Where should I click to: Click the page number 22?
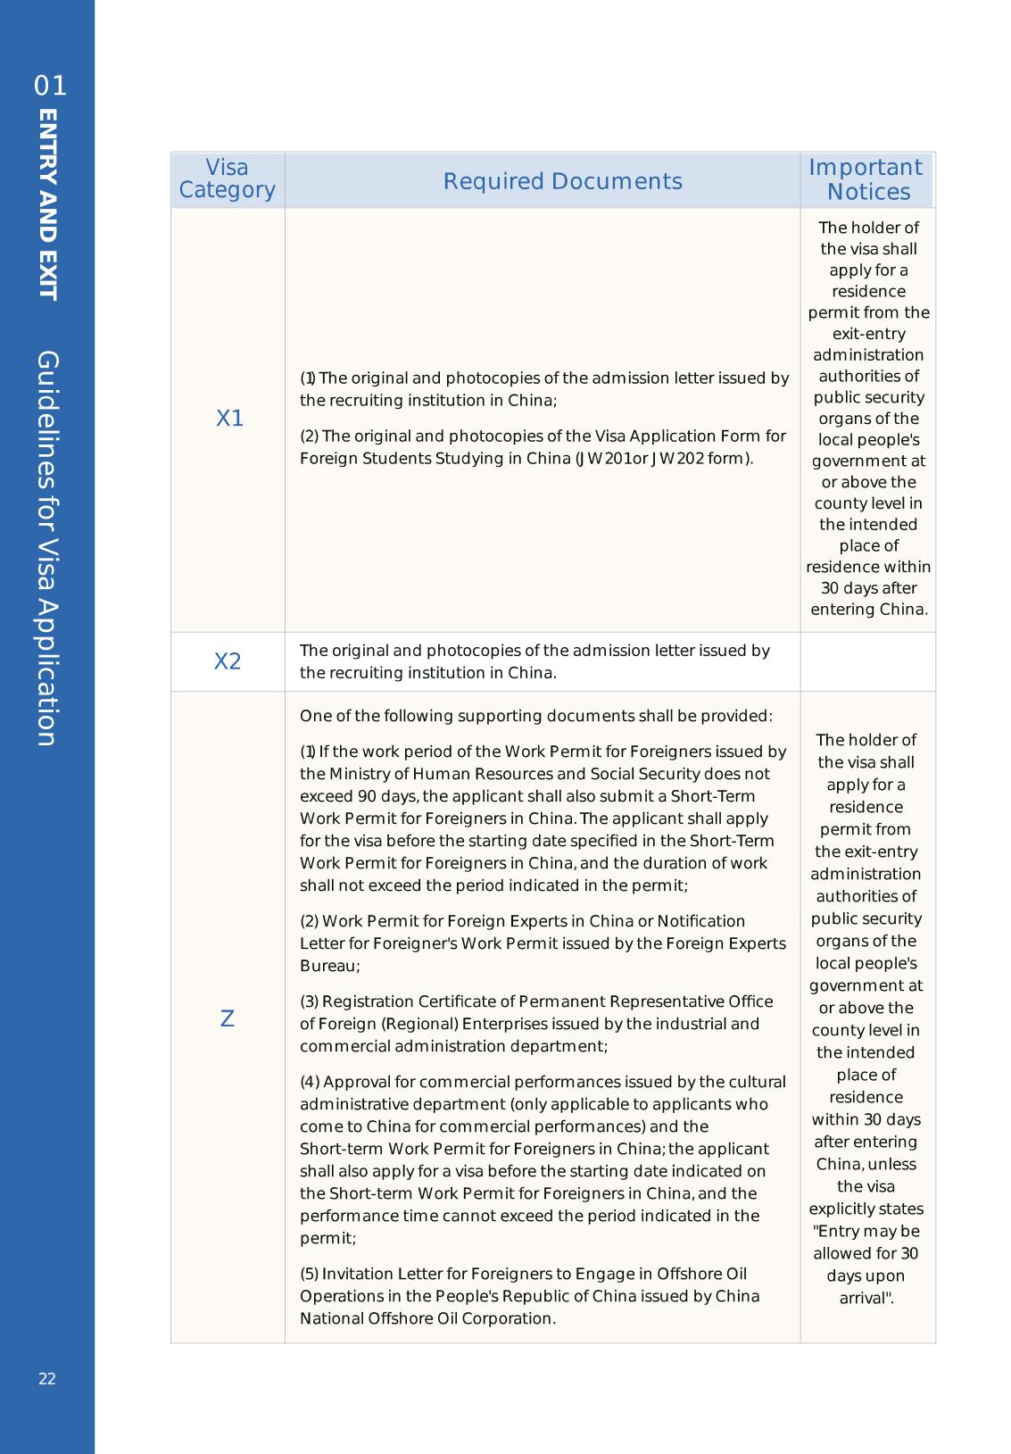47,1379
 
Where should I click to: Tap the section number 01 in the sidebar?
50,87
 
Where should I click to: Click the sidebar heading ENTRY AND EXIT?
49,205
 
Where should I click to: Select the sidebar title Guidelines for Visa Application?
48,548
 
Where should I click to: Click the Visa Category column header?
228,179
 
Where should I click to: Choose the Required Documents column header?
562,181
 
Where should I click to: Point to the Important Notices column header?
866,180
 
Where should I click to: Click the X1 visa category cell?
229,419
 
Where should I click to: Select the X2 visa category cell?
228,661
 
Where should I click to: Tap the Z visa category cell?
227,1018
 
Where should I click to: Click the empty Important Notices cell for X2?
867,661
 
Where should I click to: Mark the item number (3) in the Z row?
309,1001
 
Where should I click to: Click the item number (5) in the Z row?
309,1274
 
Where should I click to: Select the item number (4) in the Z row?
309,1082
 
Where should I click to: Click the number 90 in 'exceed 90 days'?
367,796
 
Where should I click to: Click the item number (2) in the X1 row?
309,436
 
